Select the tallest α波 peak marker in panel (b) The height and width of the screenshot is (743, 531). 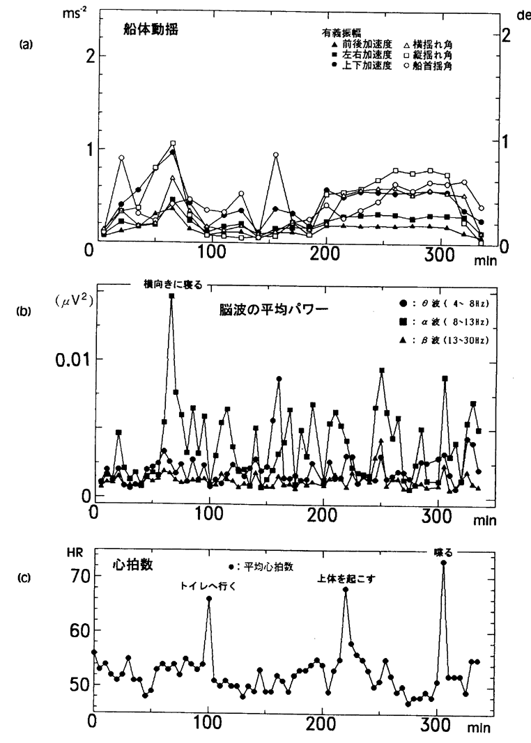click(171, 296)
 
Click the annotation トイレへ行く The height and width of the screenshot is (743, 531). click(208, 586)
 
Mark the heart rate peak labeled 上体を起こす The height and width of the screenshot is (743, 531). click(345, 590)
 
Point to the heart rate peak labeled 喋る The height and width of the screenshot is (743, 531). click(443, 563)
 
